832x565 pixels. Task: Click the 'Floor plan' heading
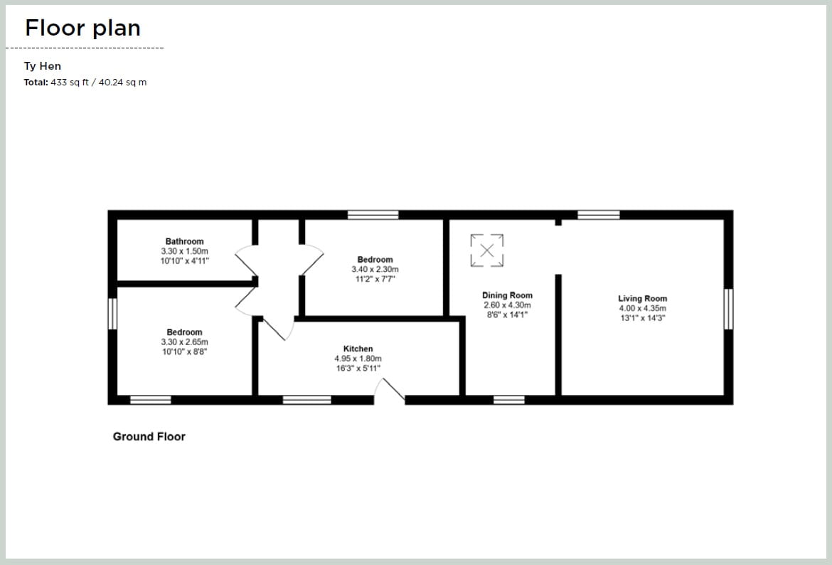[x=82, y=28]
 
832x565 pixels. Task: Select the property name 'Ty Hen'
[x=43, y=66]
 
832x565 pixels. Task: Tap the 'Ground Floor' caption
[x=149, y=436]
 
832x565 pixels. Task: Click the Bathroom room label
[x=184, y=241]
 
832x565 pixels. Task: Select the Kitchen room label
[x=358, y=349]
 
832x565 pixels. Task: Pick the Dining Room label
[x=507, y=295]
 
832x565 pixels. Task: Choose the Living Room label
[x=642, y=299]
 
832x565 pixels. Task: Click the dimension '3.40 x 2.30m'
[x=375, y=270]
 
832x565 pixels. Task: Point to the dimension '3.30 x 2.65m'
[x=184, y=342]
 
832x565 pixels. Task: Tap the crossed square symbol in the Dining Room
[x=487, y=250]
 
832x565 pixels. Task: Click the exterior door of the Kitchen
[x=390, y=391]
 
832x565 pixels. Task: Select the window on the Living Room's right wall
[x=728, y=309]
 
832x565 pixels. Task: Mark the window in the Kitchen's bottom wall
[x=306, y=400]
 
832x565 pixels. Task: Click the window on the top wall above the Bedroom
[x=373, y=214]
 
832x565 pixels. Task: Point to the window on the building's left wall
[x=112, y=314]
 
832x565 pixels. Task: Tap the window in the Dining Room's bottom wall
[x=508, y=400]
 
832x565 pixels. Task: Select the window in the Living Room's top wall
[x=598, y=214]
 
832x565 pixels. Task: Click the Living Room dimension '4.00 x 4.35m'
[x=642, y=308]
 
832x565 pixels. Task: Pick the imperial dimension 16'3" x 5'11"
[x=358, y=368]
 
